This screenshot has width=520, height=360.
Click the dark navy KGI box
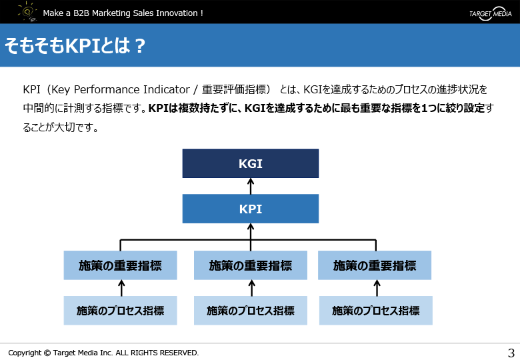251,163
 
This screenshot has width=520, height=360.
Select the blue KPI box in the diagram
251,209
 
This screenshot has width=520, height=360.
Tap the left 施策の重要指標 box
121,265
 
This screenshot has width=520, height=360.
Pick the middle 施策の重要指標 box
251,265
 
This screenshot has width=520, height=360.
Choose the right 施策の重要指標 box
375,265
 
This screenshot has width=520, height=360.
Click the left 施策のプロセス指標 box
121,311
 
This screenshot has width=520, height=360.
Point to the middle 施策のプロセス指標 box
251,311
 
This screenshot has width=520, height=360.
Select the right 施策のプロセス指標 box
376,311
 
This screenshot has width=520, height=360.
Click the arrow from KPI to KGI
251,186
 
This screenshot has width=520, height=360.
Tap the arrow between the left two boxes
121,288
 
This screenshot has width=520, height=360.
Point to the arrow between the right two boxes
377,288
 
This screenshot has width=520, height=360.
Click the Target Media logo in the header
491,13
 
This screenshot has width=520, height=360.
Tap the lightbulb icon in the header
27,11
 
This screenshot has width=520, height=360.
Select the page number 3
511,353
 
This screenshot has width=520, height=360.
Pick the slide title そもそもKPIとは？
75,45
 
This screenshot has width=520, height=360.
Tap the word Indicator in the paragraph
167,89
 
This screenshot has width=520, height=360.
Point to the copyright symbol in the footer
47,353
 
